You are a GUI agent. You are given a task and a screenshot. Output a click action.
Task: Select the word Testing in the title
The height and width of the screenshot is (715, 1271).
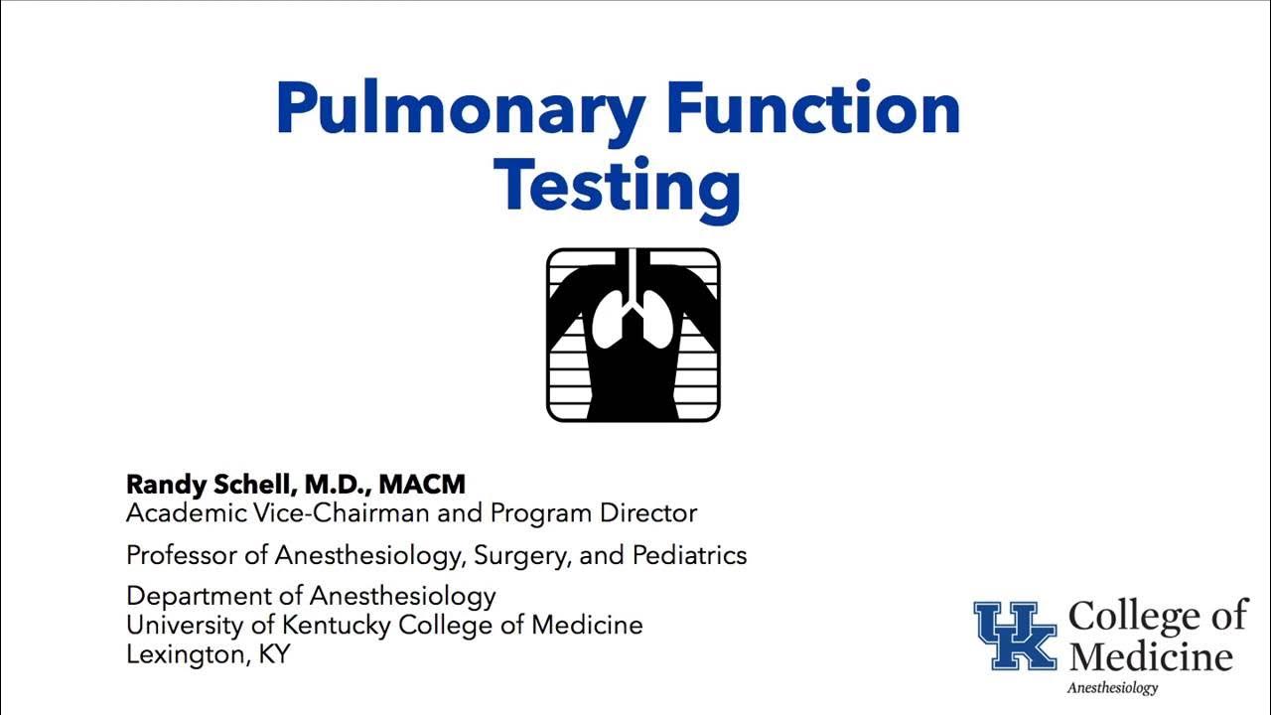coord(617,185)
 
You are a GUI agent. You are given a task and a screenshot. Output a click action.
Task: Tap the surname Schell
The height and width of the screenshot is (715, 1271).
coord(253,485)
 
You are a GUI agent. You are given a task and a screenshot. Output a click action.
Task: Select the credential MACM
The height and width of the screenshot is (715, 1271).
coord(422,485)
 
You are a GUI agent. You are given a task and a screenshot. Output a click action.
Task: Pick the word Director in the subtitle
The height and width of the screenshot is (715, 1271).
coord(650,513)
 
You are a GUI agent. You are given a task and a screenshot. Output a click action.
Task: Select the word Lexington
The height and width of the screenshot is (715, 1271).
coord(179,655)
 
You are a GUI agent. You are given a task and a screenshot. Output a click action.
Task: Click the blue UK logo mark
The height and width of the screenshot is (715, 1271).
coord(1015,636)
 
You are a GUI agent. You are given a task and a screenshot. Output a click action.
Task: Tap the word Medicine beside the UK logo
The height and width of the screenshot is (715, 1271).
coord(1151,656)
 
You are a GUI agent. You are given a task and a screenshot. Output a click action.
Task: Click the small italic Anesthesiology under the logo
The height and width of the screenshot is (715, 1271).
coord(1112,688)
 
